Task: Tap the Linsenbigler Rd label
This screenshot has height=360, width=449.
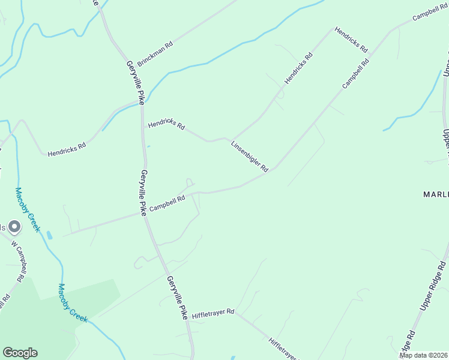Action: pos(250,157)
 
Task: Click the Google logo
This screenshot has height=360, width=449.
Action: pos(20,353)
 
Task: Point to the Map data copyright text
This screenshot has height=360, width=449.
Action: pos(424,355)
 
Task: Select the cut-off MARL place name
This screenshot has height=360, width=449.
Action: pos(435,194)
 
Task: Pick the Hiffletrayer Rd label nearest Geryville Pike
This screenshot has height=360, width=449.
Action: pos(214,314)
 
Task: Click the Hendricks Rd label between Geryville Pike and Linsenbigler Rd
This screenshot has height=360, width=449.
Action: pos(166,124)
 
